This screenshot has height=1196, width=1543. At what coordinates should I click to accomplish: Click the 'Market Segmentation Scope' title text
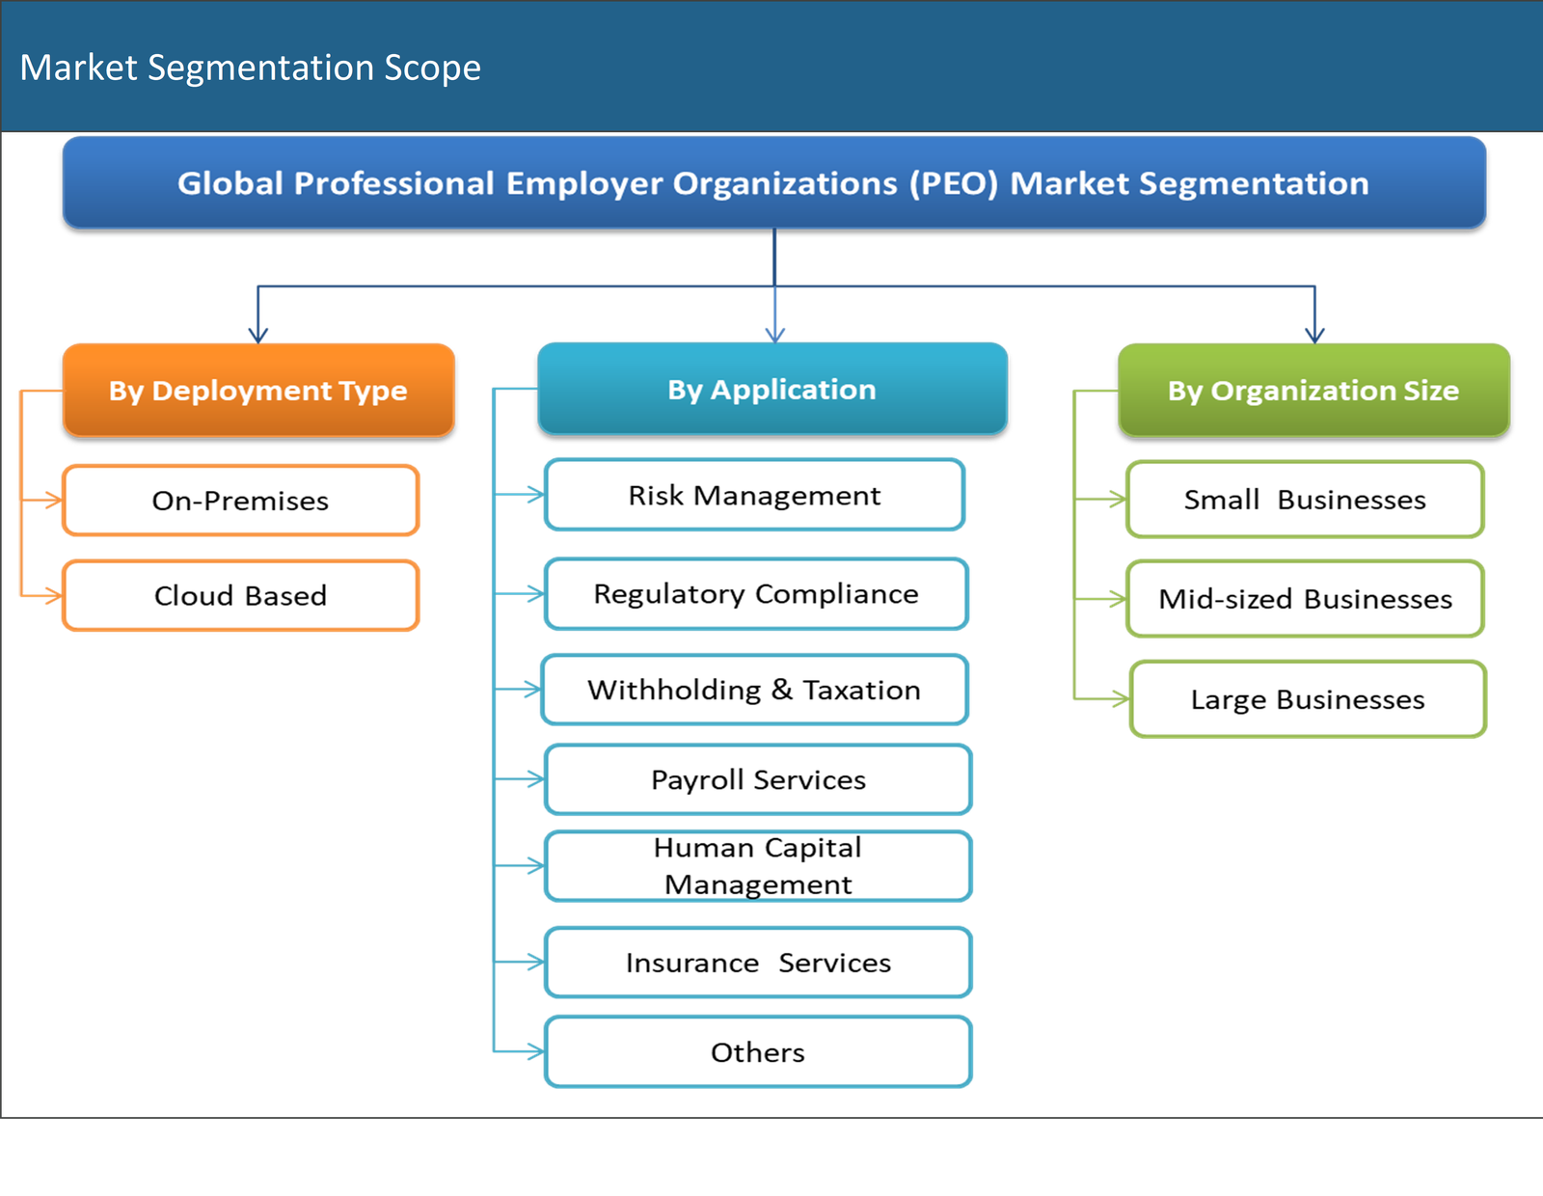(250, 68)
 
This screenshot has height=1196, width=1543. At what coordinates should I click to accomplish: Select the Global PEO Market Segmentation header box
(773, 182)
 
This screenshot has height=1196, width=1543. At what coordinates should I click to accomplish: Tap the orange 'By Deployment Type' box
(257, 390)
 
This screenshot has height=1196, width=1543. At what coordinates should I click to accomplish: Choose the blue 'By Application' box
(771, 389)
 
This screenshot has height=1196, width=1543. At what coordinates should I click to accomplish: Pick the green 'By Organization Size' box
(1313, 390)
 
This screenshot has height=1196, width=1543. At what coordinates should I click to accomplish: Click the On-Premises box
(240, 501)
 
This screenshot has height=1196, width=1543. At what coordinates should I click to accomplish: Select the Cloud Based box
(240, 595)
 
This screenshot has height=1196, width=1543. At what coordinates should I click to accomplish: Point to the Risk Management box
(754, 495)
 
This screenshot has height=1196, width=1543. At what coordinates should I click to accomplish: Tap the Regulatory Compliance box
(756, 593)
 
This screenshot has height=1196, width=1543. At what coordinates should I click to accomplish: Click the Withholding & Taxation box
(754, 690)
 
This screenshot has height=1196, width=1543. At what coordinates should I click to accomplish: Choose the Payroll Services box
(758, 779)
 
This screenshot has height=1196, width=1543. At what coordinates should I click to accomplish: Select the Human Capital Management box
(758, 866)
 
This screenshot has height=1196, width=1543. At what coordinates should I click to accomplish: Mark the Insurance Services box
(758, 963)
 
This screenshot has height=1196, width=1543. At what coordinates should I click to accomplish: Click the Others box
(758, 1052)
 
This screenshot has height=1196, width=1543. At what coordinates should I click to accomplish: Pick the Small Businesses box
(1305, 500)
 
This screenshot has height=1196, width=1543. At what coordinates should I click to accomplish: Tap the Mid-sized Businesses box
(1305, 599)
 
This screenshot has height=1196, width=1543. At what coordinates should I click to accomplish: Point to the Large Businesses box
(1308, 699)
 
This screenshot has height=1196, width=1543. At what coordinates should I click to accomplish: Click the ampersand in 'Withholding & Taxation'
(781, 690)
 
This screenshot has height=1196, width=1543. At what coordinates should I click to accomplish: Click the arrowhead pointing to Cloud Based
(52, 596)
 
